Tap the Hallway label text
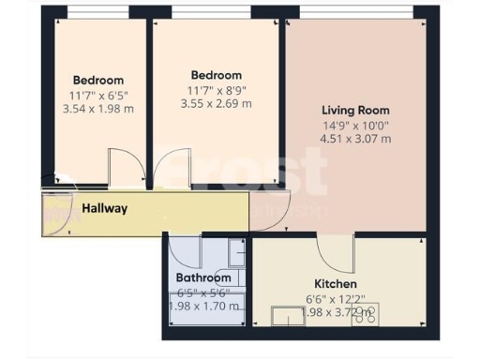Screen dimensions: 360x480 click(x=104, y=208)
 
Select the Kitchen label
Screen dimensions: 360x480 click(x=336, y=283)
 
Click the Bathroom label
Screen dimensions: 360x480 click(x=203, y=277)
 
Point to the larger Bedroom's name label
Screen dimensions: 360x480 click(x=216, y=75)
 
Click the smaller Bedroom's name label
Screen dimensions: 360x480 click(x=97, y=81)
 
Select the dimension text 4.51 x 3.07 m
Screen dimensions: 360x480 click(x=355, y=139)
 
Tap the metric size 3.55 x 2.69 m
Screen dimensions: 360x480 click(x=216, y=104)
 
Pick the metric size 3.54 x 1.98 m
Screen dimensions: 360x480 click(x=97, y=110)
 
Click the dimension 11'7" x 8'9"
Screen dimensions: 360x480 click(x=216, y=90)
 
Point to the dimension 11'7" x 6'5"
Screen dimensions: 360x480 click(x=97, y=96)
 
